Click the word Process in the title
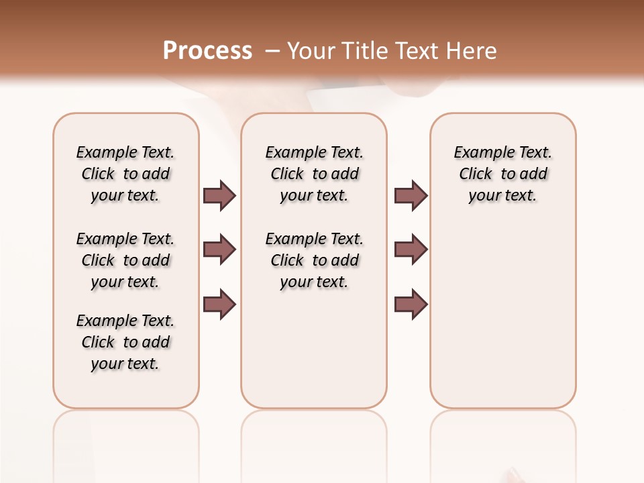[x=207, y=51]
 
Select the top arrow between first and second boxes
[x=219, y=195]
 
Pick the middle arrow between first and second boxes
[x=219, y=250]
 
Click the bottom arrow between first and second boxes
[x=219, y=304]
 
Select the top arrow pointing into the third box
[x=411, y=195]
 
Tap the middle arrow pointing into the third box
[x=411, y=250]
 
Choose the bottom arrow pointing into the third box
[x=411, y=304]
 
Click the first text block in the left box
[x=125, y=174]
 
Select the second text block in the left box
[x=125, y=260]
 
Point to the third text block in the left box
[x=125, y=342]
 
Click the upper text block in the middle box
[x=314, y=174]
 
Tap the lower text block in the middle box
[x=314, y=260]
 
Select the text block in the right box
[x=502, y=174]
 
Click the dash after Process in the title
[x=272, y=51]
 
